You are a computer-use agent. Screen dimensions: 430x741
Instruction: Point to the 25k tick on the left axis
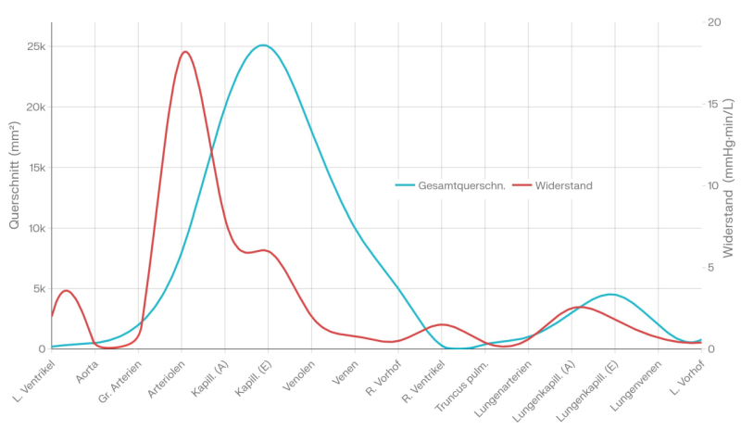pos(35,46)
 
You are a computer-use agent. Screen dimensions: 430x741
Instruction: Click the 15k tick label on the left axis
pos(35,168)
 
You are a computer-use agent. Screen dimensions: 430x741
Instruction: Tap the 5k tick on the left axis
pos(38,288)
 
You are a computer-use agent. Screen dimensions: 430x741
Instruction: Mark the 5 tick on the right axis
pos(711,267)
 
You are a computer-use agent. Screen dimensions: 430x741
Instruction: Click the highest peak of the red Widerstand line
pos(185,52)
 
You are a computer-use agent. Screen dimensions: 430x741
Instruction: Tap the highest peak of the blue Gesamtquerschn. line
pos(263,44)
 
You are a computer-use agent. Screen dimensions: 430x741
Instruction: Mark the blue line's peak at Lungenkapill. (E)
pos(610,294)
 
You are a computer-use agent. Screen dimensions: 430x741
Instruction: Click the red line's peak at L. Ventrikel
pos(66,290)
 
